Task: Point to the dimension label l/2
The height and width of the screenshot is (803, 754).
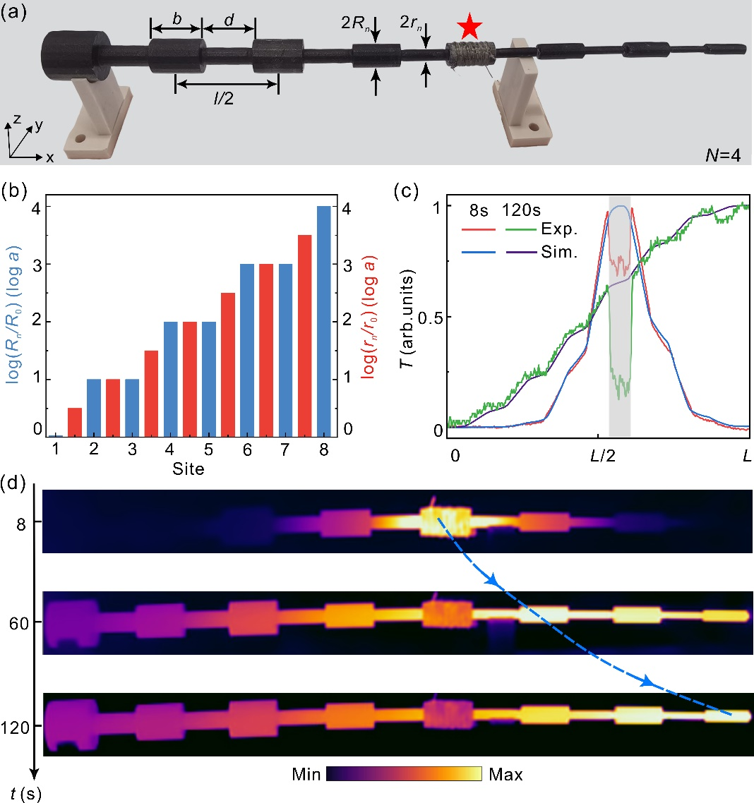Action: tap(227, 100)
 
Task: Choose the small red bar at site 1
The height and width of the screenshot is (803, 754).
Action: tap(75, 422)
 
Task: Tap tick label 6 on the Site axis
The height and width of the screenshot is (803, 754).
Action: tap(246, 450)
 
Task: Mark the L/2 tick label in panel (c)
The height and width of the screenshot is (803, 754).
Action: tap(603, 458)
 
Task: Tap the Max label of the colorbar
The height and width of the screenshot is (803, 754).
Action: tap(505, 775)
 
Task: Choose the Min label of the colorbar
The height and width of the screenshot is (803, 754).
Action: tap(307, 775)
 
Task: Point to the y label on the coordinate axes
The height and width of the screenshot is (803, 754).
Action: tap(40, 126)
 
